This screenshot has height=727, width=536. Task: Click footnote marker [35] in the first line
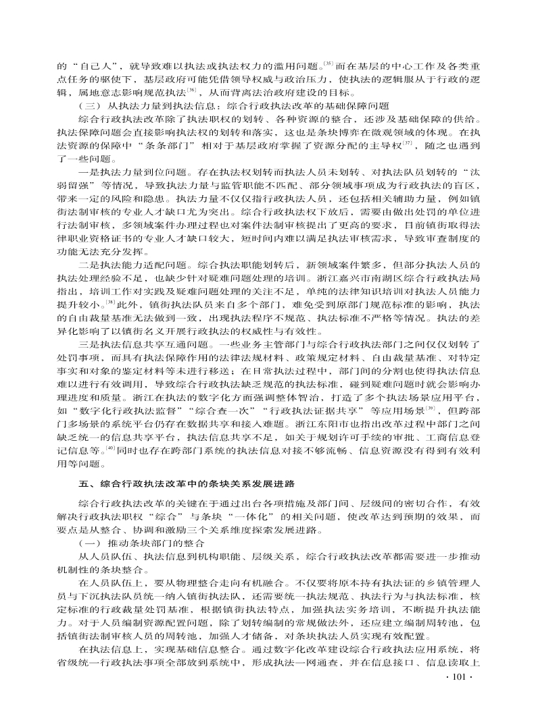328,65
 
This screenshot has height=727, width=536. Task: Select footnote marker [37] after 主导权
408,143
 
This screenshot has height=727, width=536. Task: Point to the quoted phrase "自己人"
94,68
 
